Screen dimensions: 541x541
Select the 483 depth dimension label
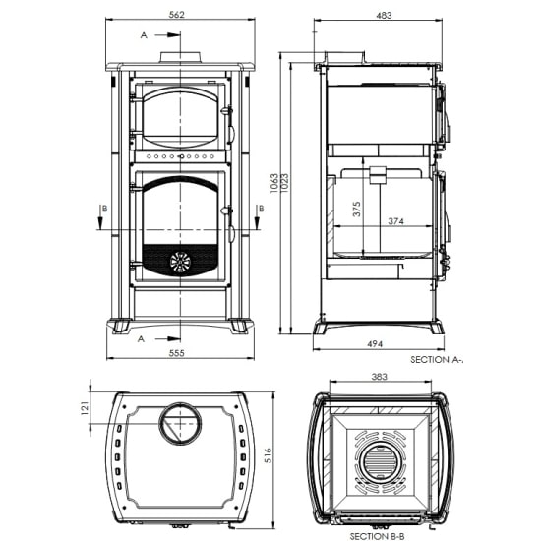tap(383, 15)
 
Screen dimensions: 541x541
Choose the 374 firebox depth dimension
tap(395, 221)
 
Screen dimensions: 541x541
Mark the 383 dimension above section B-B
tap(382, 377)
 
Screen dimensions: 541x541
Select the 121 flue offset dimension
tap(85, 407)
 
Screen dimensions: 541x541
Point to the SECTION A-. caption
tap(436, 361)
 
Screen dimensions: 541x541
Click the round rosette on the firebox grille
tap(179, 261)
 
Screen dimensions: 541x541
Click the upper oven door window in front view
tap(179, 116)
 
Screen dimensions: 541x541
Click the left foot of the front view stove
tap(120, 325)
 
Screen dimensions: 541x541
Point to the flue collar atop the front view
tap(180, 56)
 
